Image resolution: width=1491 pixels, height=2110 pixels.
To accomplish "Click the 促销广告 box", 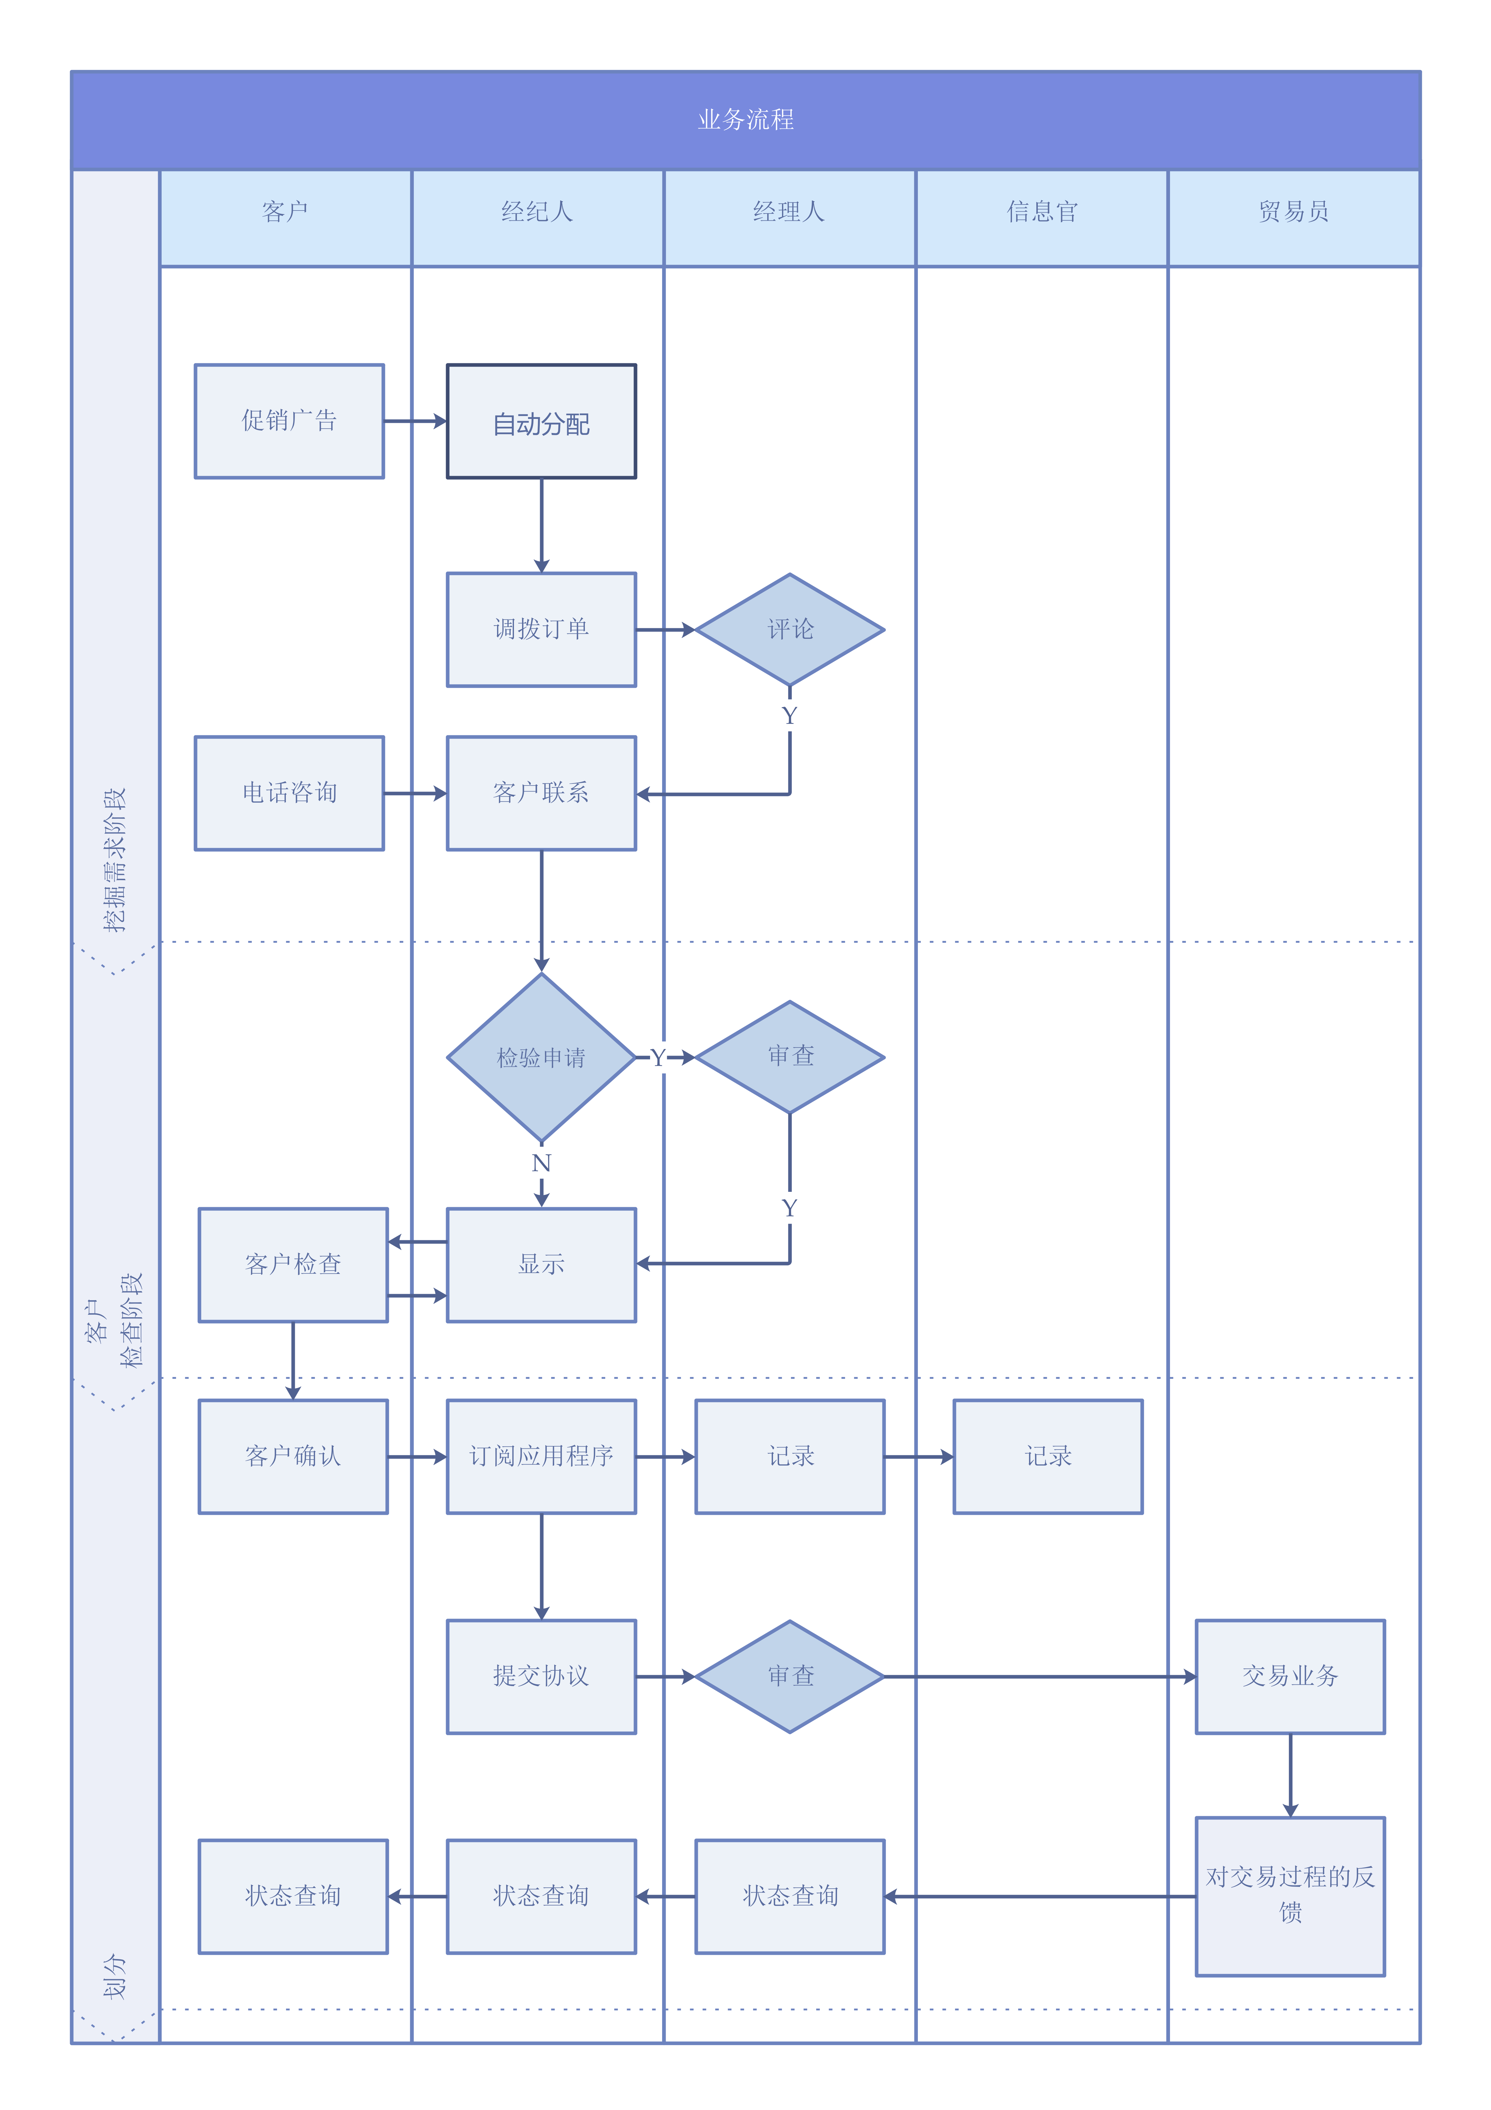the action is [289, 421].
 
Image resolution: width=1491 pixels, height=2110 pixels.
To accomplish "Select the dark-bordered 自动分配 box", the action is [541, 421].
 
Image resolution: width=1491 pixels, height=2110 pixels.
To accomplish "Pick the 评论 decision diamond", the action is [790, 629].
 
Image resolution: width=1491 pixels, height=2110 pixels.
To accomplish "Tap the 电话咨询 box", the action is [289, 793].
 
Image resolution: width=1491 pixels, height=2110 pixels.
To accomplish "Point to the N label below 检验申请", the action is [541, 1164].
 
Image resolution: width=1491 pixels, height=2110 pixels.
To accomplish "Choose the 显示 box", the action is [541, 1265].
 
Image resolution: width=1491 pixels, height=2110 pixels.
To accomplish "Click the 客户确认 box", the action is [293, 1456].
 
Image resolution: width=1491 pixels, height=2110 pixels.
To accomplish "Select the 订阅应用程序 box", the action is [541, 1456].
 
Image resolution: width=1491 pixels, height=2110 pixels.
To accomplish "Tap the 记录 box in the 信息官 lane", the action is [1048, 1456].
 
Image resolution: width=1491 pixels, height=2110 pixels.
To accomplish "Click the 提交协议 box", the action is [541, 1676].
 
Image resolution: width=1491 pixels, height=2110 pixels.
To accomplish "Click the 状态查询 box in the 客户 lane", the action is [293, 1896].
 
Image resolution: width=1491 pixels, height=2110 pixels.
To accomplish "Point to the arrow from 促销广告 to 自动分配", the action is [415, 421].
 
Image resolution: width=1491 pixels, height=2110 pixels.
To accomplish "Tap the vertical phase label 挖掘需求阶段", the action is [115, 859].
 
